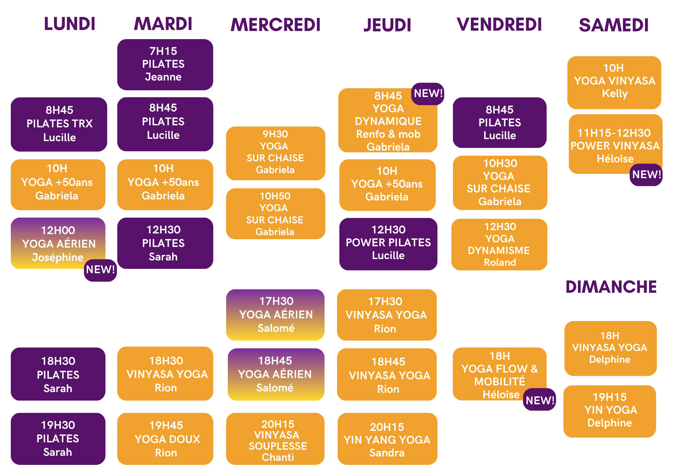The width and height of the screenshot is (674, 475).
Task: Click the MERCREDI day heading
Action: (x=275, y=25)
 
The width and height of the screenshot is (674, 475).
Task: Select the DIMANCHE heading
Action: (x=611, y=287)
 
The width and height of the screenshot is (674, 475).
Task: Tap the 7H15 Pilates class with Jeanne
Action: (x=165, y=65)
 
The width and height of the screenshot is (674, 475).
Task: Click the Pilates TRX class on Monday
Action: (x=59, y=124)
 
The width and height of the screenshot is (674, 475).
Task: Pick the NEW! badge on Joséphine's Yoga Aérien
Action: (x=100, y=270)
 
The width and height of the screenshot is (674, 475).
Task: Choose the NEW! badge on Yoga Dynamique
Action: (x=428, y=94)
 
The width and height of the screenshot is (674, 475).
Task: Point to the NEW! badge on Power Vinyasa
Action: (x=646, y=175)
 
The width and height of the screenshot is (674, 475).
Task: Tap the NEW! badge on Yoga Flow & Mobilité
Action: (x=540, y=400)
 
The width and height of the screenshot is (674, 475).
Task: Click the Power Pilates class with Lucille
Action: (x=388, y=244)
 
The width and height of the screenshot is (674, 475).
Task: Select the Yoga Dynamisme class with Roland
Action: (x=499, y=245)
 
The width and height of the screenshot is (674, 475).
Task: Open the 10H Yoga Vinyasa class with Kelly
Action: (x=614, y=83)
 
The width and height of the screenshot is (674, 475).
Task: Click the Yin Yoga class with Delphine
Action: (x=610, y=411)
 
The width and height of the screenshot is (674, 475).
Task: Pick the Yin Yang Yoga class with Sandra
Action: (x=388, y=439)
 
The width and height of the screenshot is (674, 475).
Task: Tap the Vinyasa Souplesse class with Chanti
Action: (x=275, y=439)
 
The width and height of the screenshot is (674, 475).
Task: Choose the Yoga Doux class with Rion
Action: (x=165, y=439)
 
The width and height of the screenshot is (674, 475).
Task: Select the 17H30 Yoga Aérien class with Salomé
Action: (x=275, y=315)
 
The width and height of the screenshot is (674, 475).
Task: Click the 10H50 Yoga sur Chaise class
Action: (x=276, y=214)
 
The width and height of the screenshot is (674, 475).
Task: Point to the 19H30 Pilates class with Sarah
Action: (x=58, y=439)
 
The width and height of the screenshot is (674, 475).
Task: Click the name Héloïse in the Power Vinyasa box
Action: (x=615, y=159)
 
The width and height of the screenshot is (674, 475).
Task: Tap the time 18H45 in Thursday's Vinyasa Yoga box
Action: (x=388, y=362)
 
